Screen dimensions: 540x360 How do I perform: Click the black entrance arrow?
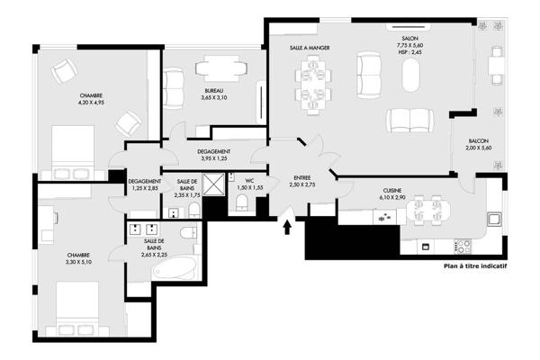[287, 228]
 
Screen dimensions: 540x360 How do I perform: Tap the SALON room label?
[409, 38]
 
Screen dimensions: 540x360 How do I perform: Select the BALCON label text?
[479, 141]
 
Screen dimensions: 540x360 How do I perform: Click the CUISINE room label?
[392, 191]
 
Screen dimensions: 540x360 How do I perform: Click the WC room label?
[249, 181]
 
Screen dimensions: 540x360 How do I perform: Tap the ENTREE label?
[302, 178]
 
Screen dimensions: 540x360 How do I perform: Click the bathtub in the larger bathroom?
[175, 268]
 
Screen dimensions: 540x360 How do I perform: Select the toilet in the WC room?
[242, 202]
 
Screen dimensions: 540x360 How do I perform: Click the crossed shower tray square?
[213, 184]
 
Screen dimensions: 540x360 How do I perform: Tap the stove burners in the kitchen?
[463, 246]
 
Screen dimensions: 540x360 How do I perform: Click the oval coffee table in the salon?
[411, 75]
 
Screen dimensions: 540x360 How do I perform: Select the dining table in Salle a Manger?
[313, 85]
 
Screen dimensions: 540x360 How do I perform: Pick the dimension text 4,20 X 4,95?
[91, 103]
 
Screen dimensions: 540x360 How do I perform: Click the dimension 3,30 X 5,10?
[78, 262]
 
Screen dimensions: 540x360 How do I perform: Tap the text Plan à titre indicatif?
[475, 266]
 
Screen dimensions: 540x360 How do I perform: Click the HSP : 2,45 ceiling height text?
[409, 52]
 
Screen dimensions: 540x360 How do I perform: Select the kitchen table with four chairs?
[427, 210]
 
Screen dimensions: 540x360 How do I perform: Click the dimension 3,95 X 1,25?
[214, 158]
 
